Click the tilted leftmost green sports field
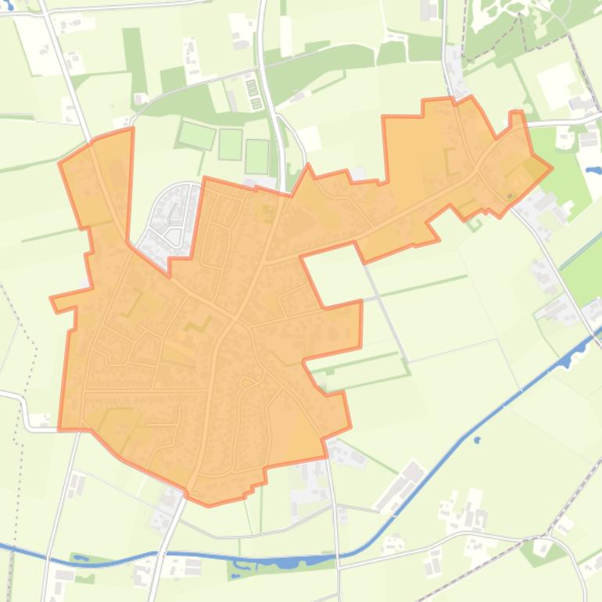point(196,134)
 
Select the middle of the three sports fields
point(231,144)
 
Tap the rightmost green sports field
point(256,156)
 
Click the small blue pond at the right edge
point(593,170)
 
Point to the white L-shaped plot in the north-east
point(557,82)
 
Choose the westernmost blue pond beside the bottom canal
point(81,559)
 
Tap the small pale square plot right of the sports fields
point(310,139)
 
